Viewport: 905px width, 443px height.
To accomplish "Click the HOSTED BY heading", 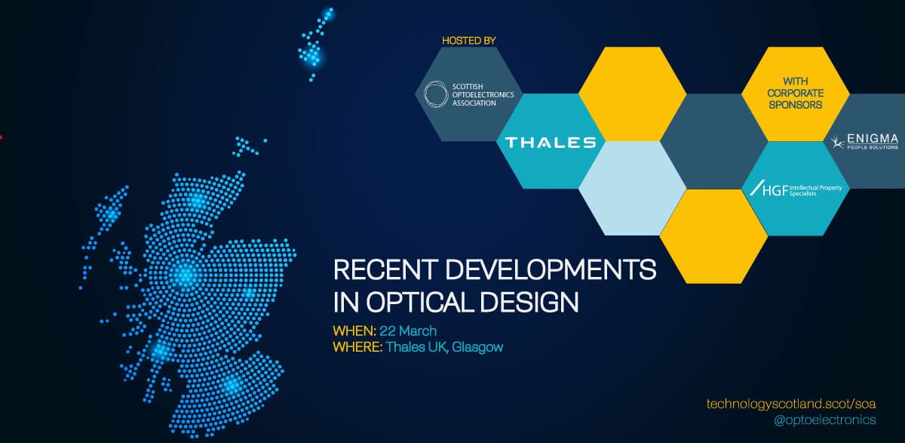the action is click(468, 41).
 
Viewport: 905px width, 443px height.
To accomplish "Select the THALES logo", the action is click(551, 143).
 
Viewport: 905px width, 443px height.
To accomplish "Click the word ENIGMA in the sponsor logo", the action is click(872, 139).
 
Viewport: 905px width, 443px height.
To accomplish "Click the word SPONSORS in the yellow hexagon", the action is click(795, 105).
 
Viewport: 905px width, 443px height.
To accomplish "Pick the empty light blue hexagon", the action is click(632, 188).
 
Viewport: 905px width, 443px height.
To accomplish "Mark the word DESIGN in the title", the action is click(529, 302).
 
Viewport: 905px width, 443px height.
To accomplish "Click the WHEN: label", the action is click(354, 331).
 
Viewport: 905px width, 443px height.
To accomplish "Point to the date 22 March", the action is click(408, 331).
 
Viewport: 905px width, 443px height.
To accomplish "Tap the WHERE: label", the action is click(357, 347).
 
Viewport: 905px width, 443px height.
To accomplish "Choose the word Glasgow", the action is click(477, 348).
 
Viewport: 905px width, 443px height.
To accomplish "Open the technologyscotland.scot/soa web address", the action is click(791, 404).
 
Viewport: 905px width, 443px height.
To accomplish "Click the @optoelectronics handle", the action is click(824, 420).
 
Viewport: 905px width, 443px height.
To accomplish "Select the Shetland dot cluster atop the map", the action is click(316, 44).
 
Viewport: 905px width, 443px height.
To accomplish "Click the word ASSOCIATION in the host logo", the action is click(474, 103).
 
